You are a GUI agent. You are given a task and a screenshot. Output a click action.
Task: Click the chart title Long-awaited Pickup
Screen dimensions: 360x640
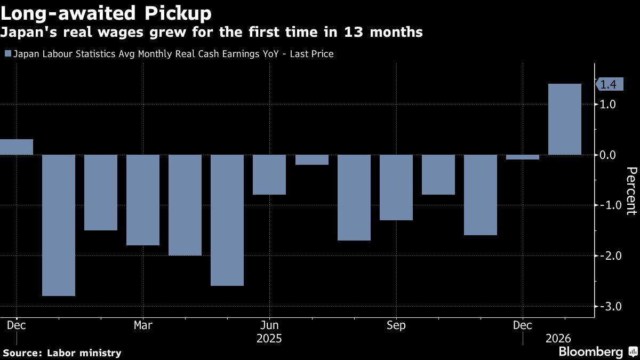tap(106, 13)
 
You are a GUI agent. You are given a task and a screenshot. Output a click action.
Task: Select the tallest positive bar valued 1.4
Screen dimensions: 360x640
tap(565, 119)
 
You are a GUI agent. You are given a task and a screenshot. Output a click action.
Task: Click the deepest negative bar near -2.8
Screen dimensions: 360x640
tap(59, 225)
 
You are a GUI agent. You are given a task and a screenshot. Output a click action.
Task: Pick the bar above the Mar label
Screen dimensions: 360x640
tap(143, 200)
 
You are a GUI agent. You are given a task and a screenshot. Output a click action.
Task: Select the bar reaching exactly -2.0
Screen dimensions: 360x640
tap(185, 205)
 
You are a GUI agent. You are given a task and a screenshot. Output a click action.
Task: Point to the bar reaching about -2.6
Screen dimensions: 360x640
tap(227, 220)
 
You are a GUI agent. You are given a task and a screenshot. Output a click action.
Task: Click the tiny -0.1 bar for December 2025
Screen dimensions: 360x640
tap(523, 157)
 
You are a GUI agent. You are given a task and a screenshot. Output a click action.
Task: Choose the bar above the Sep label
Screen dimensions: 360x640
tap(396, 188)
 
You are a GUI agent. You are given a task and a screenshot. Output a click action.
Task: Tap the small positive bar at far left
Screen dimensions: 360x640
tap(16, 147)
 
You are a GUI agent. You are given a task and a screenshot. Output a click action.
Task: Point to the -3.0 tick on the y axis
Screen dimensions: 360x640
tap(611, 307)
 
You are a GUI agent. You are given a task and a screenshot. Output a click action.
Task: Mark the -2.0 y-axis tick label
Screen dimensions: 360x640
tap(611, 256)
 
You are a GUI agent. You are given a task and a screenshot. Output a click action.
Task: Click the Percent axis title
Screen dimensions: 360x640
tap(631, 190)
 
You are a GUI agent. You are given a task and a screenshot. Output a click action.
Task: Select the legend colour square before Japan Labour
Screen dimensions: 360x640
tap(7, 54)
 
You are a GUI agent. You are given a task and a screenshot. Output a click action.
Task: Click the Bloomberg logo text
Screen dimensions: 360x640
tap(590, 351)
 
